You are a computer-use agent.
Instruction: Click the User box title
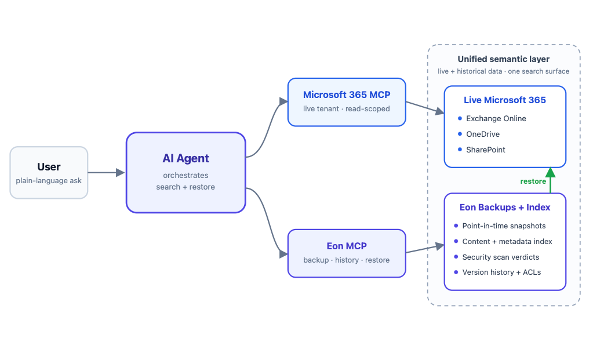[49, 167]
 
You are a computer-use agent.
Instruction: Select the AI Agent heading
[185, 158]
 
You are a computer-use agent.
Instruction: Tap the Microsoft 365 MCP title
[347, 94]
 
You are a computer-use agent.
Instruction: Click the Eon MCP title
[347, 246]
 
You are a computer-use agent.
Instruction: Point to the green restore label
[533, 181]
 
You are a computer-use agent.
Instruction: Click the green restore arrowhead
[550, 172]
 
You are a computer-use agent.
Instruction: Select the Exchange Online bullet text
[496, 118]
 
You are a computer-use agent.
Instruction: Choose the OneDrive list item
[482, 134]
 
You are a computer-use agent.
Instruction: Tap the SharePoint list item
[486, 150]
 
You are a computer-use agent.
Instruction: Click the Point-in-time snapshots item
[504, 226]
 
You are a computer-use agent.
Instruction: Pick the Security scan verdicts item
[500, 257]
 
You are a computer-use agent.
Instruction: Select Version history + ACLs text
[501, 272]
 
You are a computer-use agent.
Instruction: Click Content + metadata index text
[507, 241]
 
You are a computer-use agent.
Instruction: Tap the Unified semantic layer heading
[503, 59]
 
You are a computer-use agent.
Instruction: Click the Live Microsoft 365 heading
[504, 100]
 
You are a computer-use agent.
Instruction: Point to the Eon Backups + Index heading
[504, 207]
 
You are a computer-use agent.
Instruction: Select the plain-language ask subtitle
[49, 181]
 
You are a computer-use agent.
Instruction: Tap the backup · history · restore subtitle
[347, 260]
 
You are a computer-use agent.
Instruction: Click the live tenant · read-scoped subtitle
[347, 109]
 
